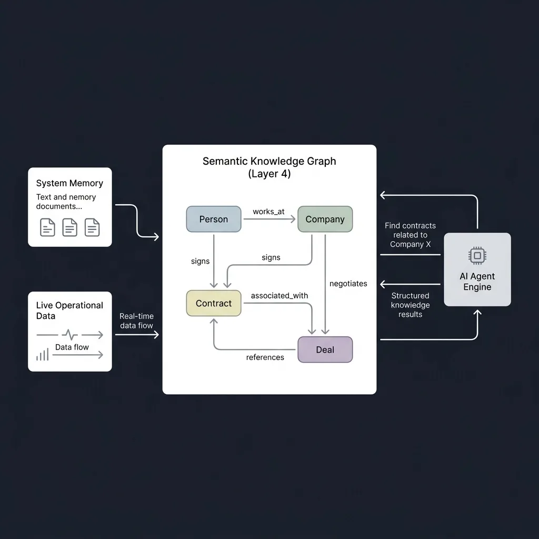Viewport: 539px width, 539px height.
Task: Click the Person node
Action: click(x=214, y=219)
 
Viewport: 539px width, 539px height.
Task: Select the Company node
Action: click(x=325, y=219)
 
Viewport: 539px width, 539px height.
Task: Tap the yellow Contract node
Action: click(x=214, y=303)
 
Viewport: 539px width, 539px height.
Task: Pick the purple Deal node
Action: click(x=325, y=350)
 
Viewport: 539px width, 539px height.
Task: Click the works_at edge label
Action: click(x=268, y=212)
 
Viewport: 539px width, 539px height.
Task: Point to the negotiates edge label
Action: click(x=348, y=284)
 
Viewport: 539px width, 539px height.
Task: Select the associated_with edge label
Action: click(x=279, y=296)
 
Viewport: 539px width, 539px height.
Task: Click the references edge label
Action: click(x=265, y=357)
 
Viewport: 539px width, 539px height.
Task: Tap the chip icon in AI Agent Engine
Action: click(x=477, y=255)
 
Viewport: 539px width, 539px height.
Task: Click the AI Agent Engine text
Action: click(x=477, y=282)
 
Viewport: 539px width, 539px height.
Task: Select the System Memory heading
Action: click(x=69, y=183)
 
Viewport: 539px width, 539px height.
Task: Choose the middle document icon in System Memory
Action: click(x=70, y=227)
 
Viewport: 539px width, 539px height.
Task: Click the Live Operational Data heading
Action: click(x=69, y=311)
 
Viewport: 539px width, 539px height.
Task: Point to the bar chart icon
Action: click(x=43, y=354)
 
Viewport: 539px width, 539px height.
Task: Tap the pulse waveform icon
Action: click(x=70, y=334)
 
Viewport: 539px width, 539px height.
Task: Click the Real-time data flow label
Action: click(x=136, y=321)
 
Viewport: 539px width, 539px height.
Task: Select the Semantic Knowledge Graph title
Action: click(x=269, y=167)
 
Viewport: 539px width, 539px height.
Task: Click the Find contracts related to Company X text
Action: click(x=410, y=235)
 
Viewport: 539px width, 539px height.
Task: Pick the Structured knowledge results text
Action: click(x=410, y=305)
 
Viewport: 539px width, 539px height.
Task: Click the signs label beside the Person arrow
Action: click(x=200, y=261)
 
